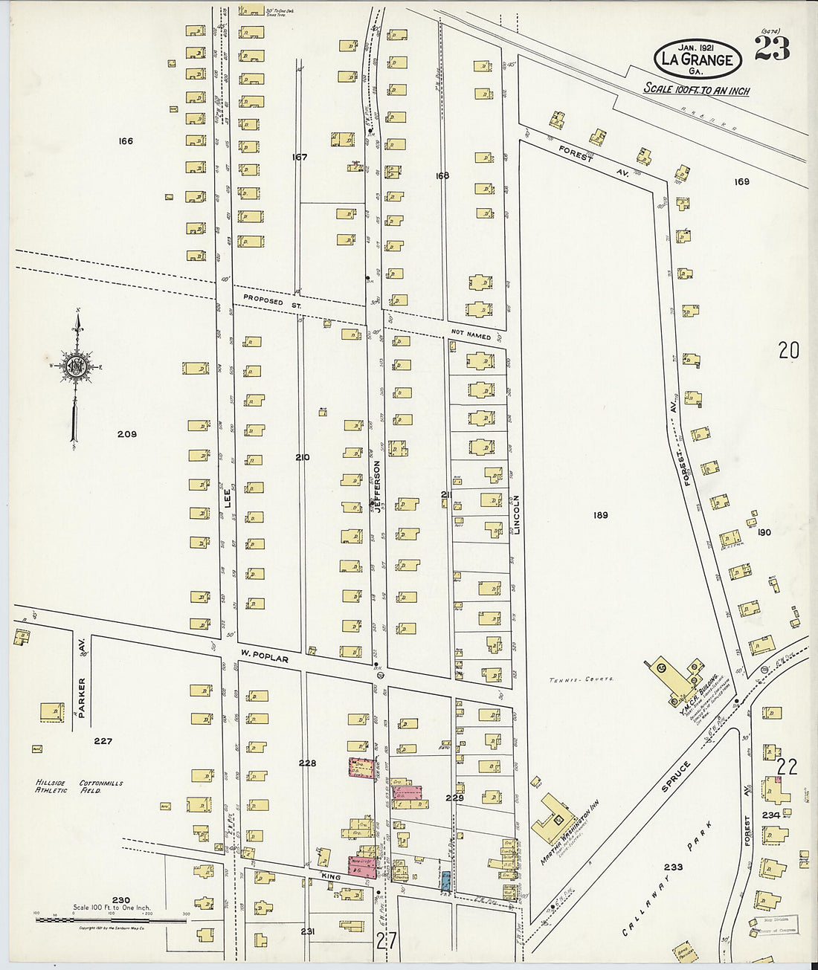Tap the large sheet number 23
click(772, 48)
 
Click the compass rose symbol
click(76, 366)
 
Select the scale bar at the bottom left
click(111, 920)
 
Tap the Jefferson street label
click(377, 487)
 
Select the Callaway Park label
click(668, 879)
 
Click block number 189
click(600, 514)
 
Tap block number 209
click(127, 434)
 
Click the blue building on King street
click(445, 881)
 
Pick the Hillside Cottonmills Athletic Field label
click(79, 786)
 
